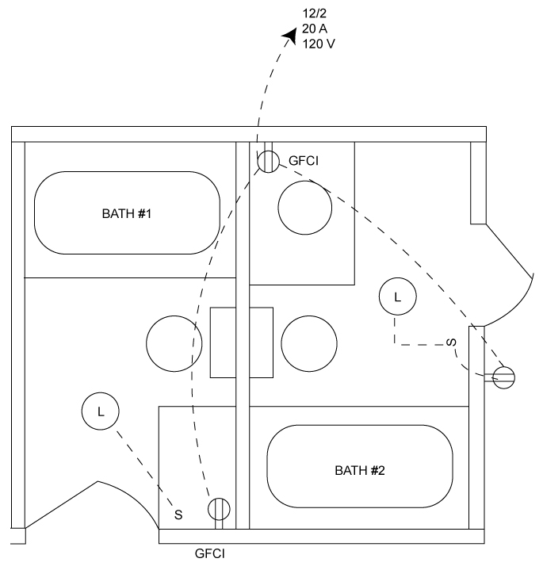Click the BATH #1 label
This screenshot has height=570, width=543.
point(127,213)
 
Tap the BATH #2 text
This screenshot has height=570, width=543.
point(360,470)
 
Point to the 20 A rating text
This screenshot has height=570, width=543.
point(314,29)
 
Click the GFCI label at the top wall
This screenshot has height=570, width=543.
point(304,161)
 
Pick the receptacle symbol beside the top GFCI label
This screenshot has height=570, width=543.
point(267,161)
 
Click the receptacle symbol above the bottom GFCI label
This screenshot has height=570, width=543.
point(219,507)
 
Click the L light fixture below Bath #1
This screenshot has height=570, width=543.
point(100,412)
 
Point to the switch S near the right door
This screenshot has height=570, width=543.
point(450,343)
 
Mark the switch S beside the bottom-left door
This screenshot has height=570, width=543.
point(178,515)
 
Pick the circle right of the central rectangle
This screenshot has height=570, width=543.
point(309,343)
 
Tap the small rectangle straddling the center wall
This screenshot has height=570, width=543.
point(242,342)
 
